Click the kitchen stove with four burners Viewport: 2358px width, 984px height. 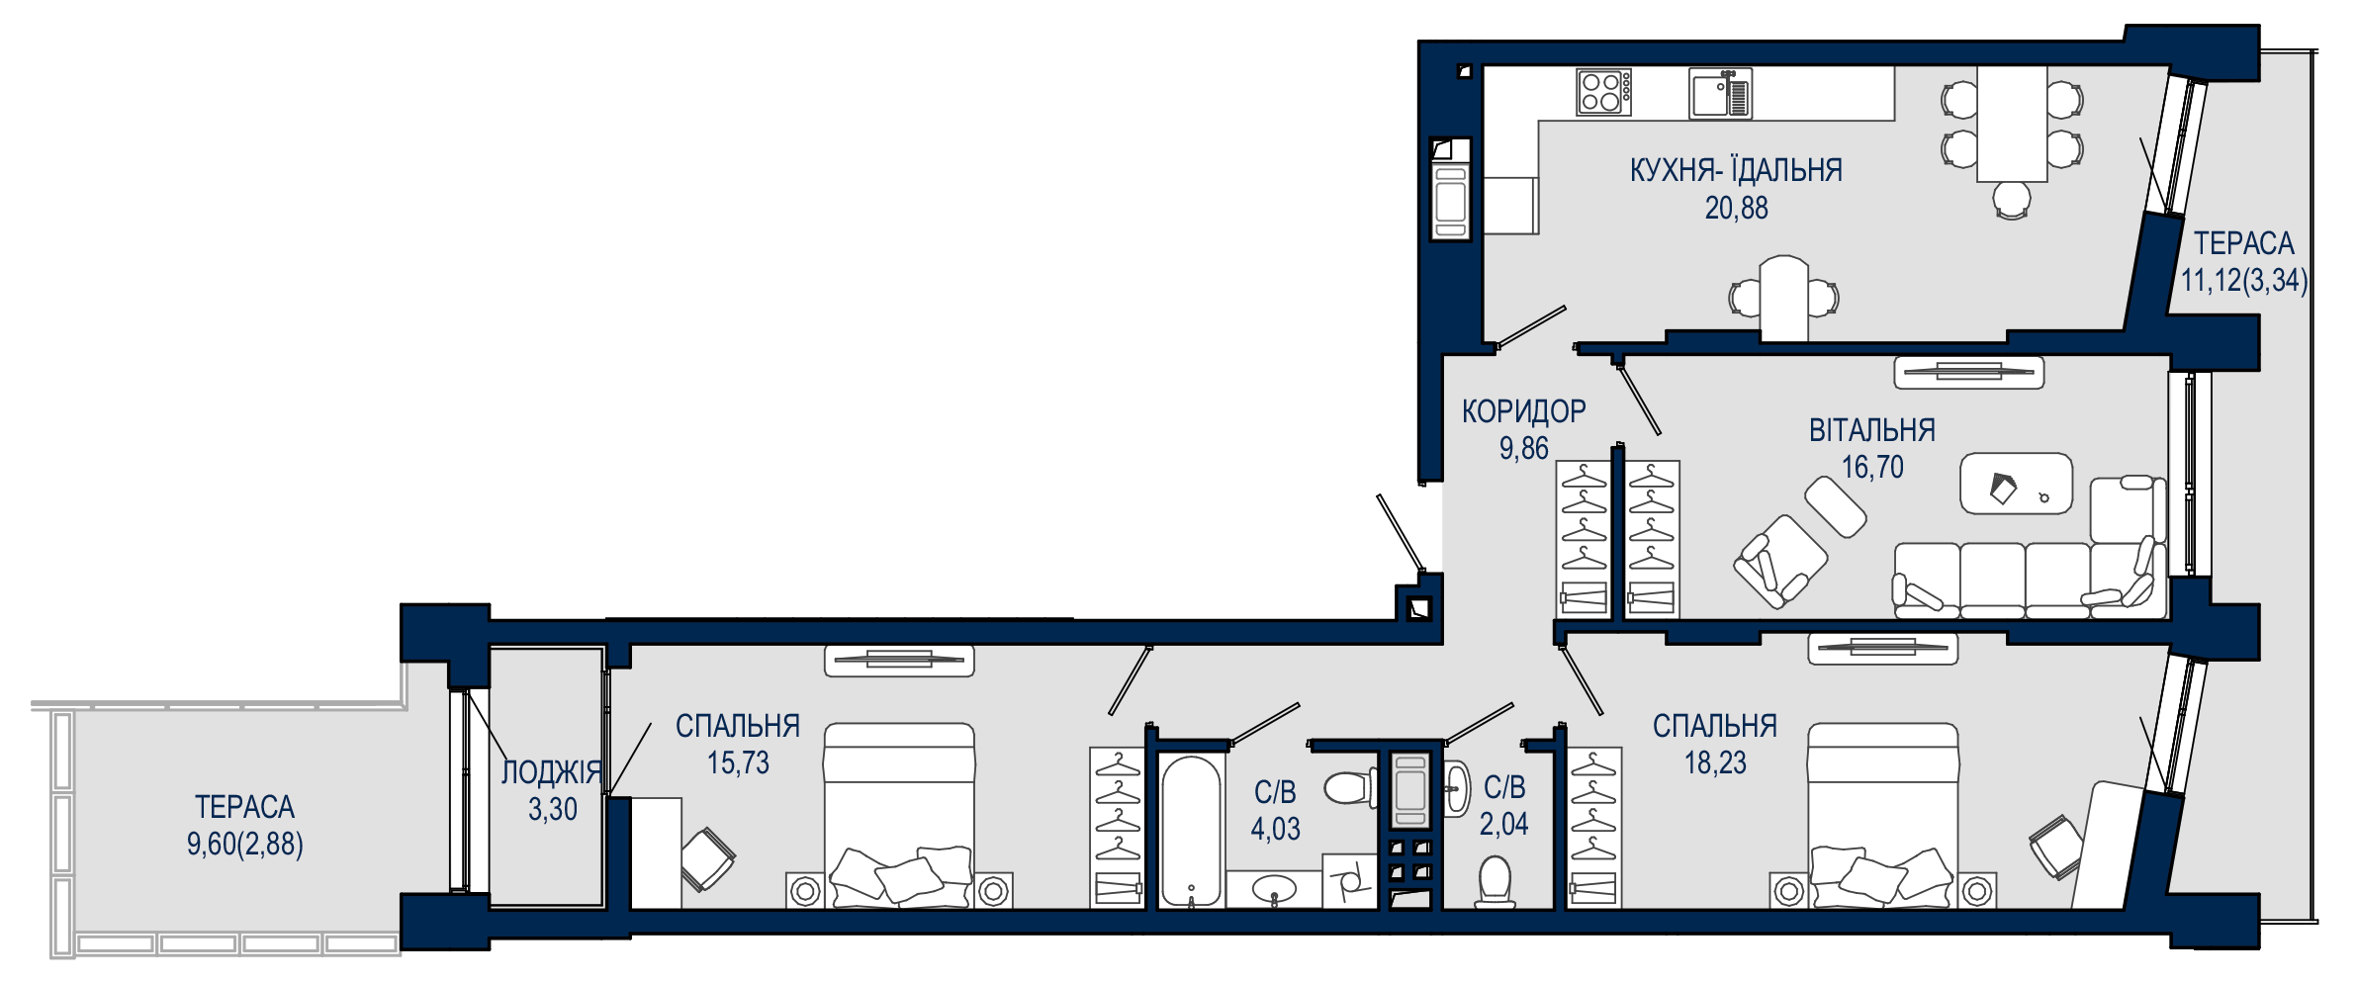click(x=1603, y=92)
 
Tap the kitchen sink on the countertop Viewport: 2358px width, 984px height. click(x=1720, y=93)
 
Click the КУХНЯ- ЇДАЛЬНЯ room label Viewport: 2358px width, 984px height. click(x=1736, y=170)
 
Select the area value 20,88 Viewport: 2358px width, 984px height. click(x=1736, y=208)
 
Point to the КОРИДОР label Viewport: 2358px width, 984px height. click(x=1523, y=410)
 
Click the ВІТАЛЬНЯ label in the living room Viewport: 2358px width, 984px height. click(x=1871, y=430)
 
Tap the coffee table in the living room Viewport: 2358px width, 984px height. click(x=2016, y=484)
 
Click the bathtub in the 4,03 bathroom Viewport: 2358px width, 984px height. click(x=1190, y=831)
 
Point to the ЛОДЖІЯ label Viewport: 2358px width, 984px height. click(x=551, y=771)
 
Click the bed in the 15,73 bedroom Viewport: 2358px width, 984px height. click(x=899, y=815)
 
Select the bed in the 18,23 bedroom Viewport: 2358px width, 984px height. click(x=1882, y=815)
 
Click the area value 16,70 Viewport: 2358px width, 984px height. click(x=1871, y=467)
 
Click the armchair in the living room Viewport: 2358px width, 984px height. click(x=1780, y=561)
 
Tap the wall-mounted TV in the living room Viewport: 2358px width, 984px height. click(x=1968, y=372)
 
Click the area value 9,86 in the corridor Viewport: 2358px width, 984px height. click(x=1523, y=448)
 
